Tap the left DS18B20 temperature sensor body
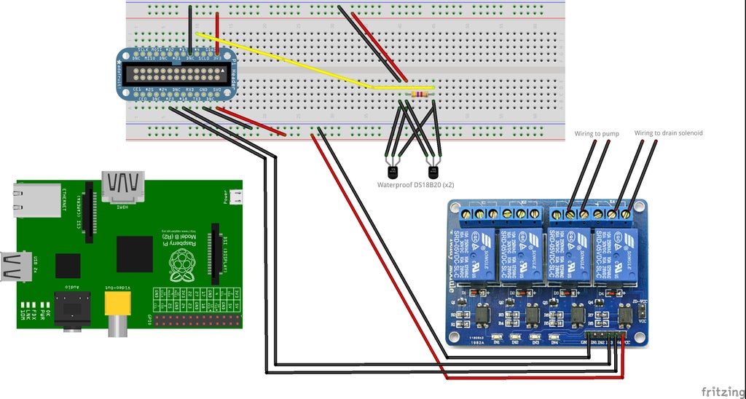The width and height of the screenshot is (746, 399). [393, 171]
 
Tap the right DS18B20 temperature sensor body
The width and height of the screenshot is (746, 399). [434, 171]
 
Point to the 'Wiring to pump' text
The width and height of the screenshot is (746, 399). [596, 133]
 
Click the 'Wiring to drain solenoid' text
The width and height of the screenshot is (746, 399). [668, 133]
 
